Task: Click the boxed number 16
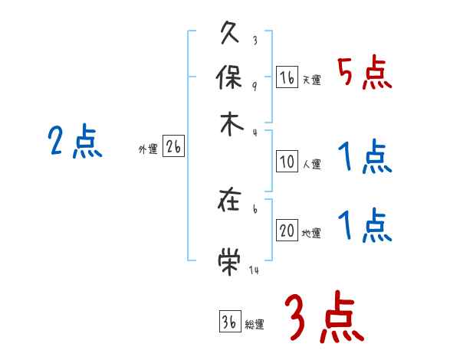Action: click(x=287, y=77)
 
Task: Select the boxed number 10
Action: click(x=287, y=162)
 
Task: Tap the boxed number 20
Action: click(x=287, y=231)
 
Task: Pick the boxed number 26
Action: click(x=173, y=148)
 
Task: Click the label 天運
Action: click(x=311, y=80)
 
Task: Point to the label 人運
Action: click(x=311, y=164)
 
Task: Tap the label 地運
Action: click(x=311, y=233)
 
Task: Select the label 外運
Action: click(x=147, y=150)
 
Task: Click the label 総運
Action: click(x=254, y=324)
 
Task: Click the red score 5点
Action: click(x=364, y=74)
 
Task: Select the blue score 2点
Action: click(x=74, y=142)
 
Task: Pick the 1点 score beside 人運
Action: click(x=364, y=158)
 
